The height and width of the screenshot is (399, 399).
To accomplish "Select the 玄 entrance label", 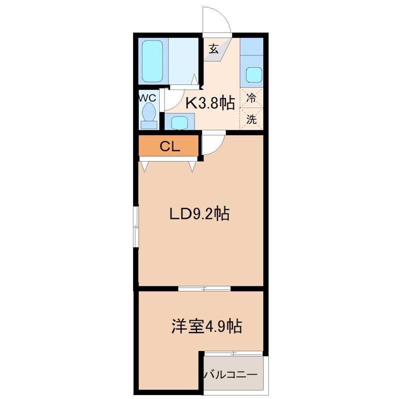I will coord(213,48).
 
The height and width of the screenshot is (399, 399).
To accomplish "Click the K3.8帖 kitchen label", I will coord(210,103).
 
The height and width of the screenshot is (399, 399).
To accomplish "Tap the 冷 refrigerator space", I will coord(252,98).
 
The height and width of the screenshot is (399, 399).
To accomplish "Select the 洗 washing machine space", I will coord(252,119).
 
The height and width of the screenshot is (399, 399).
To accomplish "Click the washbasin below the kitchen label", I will coord(179,122).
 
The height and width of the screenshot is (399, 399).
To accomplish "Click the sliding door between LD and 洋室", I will coord(204,288).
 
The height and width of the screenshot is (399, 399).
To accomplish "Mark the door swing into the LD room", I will coord(212,145).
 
